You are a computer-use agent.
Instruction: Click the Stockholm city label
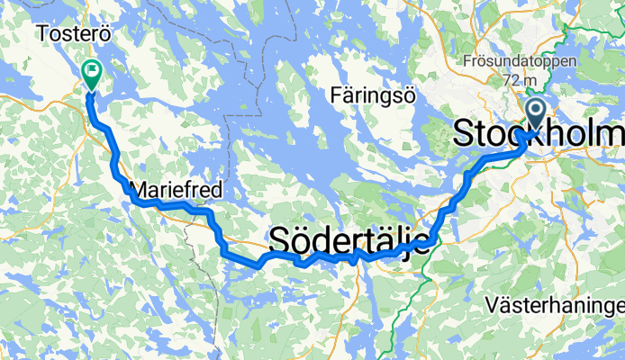click(538, 133)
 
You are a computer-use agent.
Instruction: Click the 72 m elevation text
click(521, 80)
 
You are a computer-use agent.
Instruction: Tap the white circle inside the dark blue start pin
click(535, 112)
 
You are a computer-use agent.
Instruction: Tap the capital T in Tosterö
click(42, 33)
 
